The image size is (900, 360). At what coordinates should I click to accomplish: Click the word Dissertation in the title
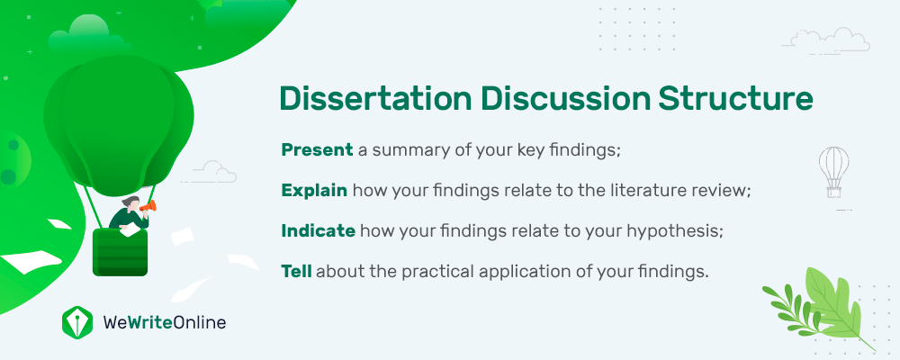(x=375, y=98)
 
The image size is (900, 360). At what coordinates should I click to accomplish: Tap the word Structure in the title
(x=735, y=98)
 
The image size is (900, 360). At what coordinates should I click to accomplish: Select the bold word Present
(x=317, y=150)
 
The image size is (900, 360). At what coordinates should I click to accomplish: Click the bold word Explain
(x=314, y=191)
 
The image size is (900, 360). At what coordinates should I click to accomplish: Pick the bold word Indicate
(x=318, y=230)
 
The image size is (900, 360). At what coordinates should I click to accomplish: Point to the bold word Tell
(x=296, y=271)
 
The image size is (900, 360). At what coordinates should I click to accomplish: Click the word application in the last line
(x=522, y=272)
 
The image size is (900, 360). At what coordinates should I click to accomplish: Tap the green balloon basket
(x=120, y=252)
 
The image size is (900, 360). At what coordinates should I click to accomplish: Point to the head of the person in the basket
(x=130, y=203)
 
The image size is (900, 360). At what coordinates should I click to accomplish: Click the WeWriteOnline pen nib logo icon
(x=76, y=321)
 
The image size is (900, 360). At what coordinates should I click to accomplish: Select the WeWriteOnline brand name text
(x=165, y=323)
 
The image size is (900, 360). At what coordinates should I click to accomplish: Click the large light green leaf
(x=834, y=305)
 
